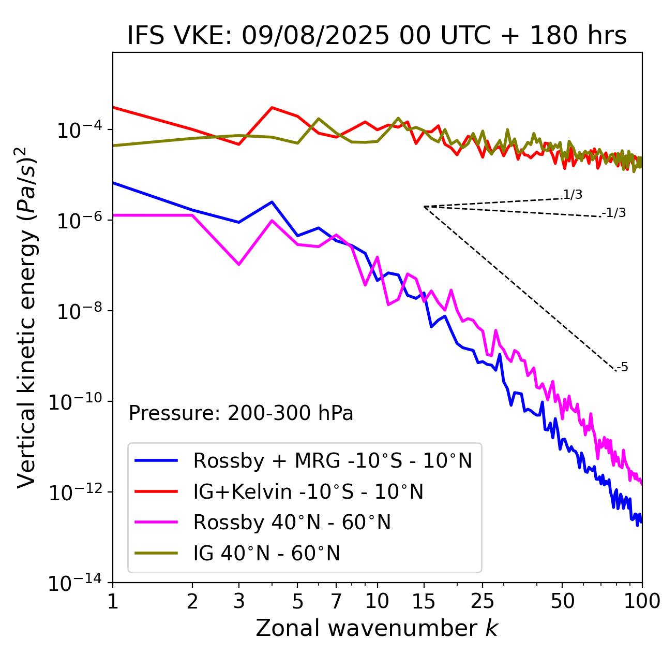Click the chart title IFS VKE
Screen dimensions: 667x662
(377, 36)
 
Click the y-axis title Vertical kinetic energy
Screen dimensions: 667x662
(27, 316)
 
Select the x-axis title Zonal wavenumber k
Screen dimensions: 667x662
(377, 628)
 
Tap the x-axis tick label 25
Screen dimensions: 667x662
(482, 601)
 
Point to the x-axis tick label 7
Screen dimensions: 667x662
(336, 601)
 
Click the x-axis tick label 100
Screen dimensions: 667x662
(642, 601)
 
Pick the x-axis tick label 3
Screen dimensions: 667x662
(239, 601)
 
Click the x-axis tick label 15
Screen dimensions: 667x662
(424, 601)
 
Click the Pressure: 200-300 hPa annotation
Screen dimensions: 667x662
(240, 413)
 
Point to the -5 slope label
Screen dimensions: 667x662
(622, 367)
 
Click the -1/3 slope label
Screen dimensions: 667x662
(614, 212)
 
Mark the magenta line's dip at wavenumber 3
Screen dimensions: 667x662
(239, 265)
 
